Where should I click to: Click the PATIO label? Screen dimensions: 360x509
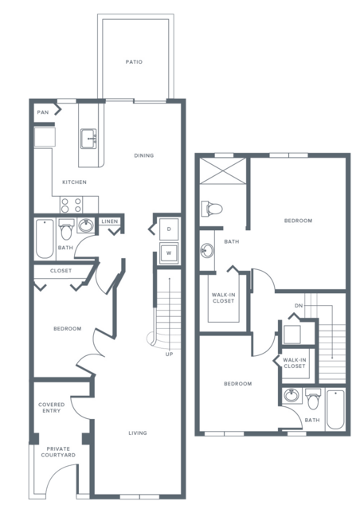tap(134, 61)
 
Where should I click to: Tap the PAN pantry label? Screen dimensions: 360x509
tap(43, 112)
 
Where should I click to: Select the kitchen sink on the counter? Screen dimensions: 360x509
tap(88, 139)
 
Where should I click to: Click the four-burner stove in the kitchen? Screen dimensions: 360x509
tap(71, 205)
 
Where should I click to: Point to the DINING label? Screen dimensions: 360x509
tap(144, 155)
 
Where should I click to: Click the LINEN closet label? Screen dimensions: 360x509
tap(110, 221)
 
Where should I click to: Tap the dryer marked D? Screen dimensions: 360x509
tap(169, 229)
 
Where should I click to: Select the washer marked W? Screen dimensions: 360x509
tap(169, 253)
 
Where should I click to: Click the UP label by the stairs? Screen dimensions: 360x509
tap(169, 354)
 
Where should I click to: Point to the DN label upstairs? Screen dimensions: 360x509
tap(299, 305)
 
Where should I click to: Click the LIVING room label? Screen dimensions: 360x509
tap(138, 433)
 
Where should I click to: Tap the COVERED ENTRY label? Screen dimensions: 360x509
tap(51, 407)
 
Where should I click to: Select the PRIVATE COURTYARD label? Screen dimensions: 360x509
tap(58, 452)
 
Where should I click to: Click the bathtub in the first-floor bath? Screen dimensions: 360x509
tap(45, 239)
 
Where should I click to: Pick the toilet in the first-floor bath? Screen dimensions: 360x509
tap(67, 229)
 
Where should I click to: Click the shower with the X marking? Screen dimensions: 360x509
tap(223, 170)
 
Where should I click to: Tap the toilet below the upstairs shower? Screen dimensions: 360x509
tap(212, 209)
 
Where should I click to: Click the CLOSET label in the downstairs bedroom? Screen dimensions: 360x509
tap(61, 270)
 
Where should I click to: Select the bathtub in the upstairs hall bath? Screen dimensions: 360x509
tap(335, 409)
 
